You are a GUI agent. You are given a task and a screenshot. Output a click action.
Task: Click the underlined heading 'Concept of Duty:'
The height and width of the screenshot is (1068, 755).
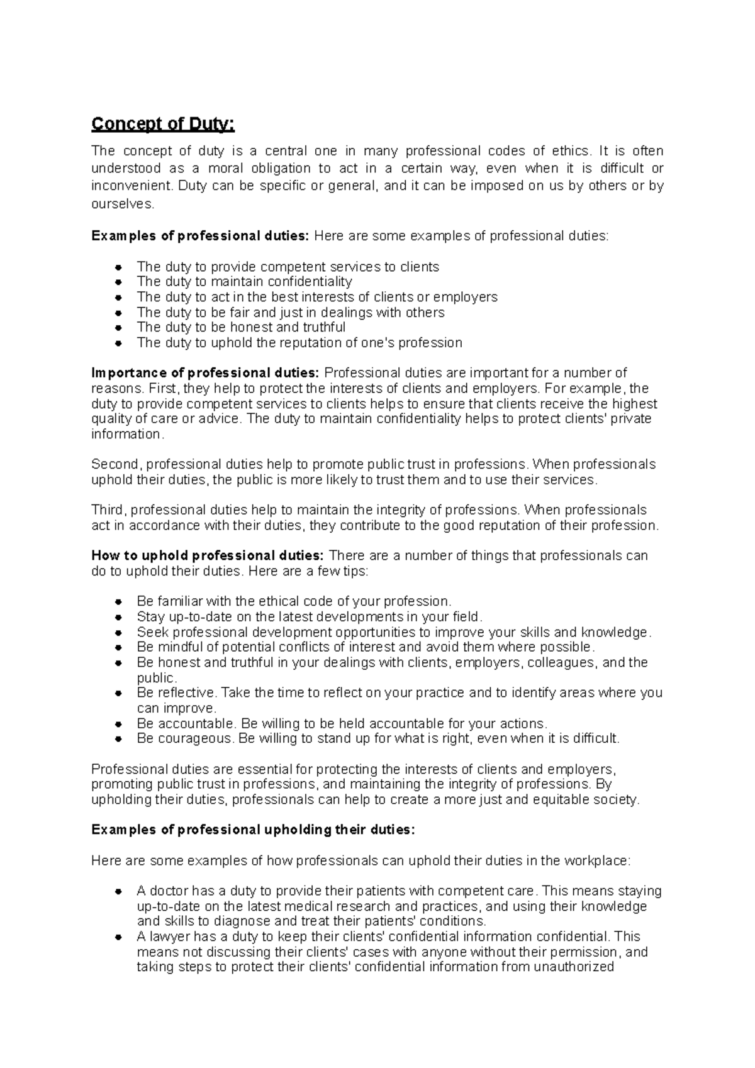163,125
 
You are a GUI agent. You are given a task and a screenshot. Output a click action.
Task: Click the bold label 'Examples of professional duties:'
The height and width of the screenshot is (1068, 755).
200,236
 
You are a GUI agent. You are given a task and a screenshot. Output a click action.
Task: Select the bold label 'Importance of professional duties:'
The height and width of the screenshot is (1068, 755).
205,373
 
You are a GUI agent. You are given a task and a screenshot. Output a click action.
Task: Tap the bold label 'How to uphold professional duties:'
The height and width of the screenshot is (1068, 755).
207,555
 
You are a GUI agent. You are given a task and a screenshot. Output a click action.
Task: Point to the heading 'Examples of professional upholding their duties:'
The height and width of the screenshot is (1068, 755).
253,830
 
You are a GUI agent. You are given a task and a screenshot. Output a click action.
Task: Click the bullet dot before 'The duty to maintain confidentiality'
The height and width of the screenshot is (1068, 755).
119,282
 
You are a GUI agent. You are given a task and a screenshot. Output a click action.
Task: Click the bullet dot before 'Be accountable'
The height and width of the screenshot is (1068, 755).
119,724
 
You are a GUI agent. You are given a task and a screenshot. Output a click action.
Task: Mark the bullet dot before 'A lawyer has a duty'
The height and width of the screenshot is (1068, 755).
119,937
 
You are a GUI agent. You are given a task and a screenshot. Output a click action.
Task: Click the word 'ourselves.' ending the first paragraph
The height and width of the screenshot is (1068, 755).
122,204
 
